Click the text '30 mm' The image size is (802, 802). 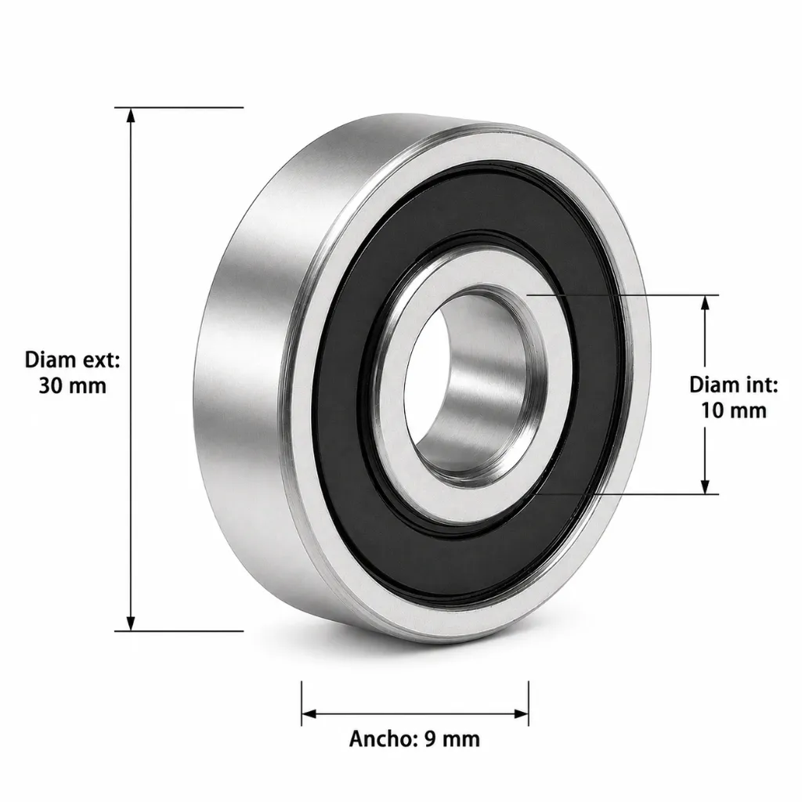73,385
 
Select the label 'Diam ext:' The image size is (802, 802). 73,360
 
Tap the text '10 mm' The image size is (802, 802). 733,410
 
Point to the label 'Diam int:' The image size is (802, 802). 733,385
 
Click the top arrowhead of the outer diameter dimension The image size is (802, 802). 131,115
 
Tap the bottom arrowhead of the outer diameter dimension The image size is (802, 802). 131,623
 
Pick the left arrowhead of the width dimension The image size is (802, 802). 309,713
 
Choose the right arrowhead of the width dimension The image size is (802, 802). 521,713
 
